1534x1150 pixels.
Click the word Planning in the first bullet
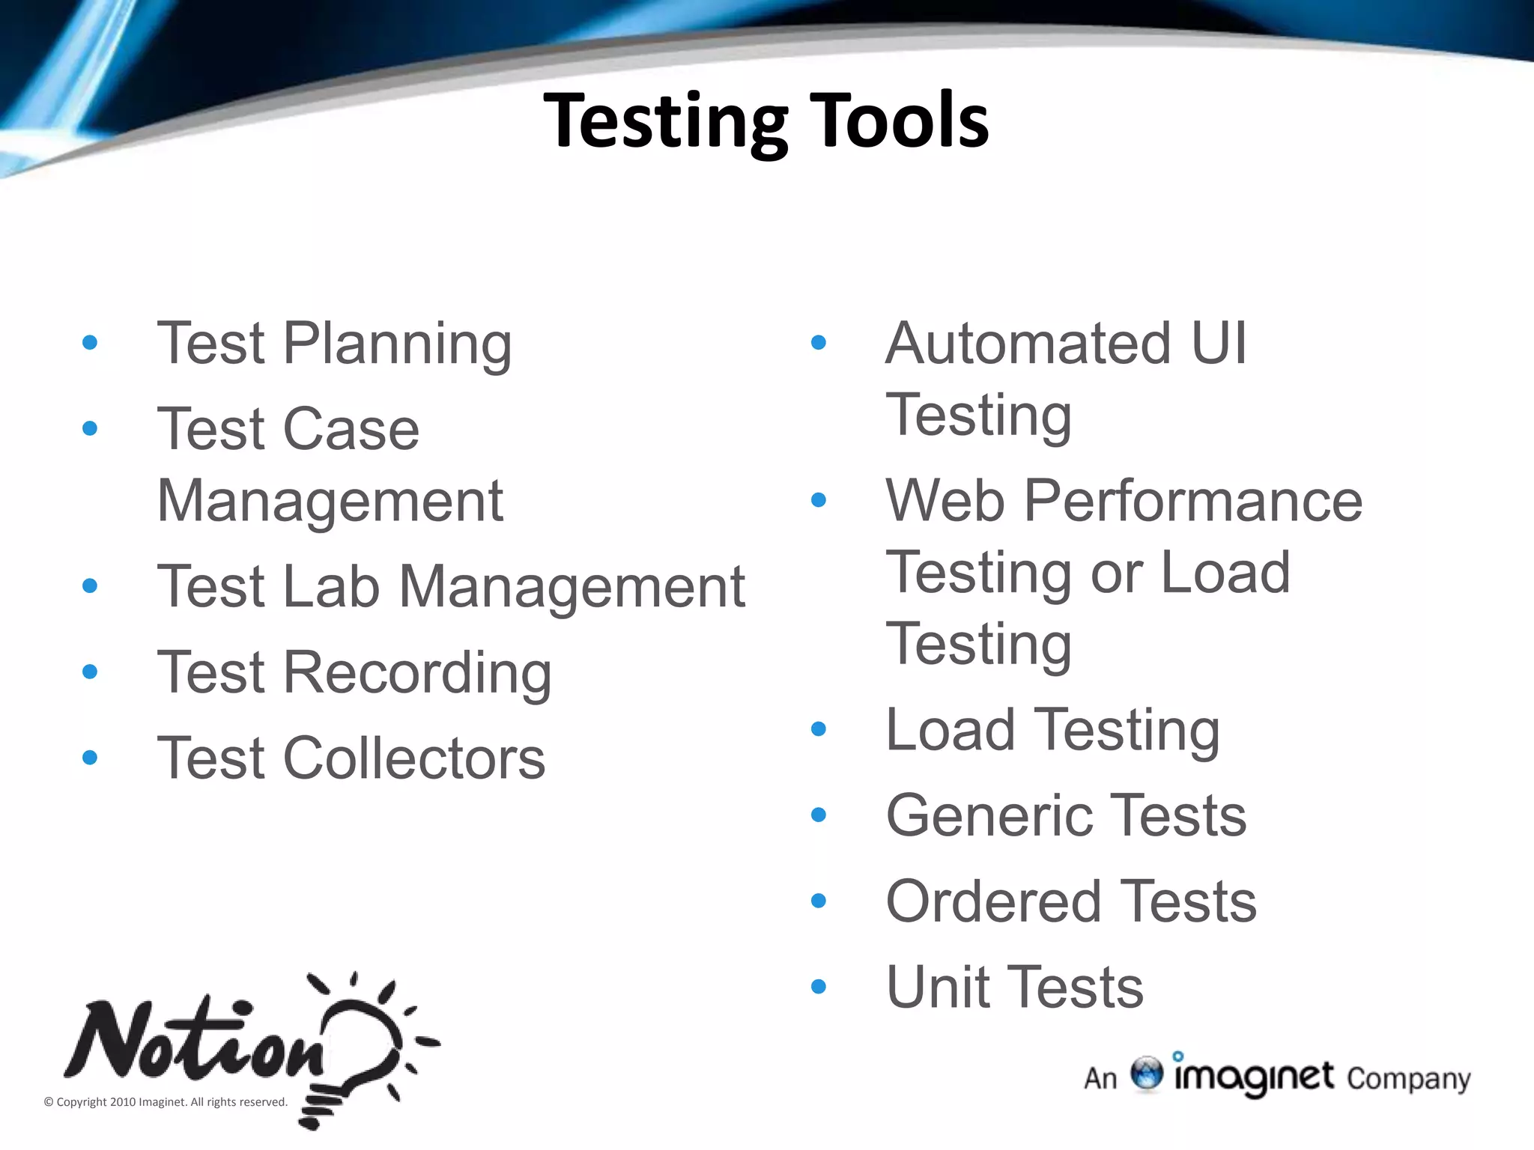(398, 344)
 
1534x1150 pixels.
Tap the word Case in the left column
(351, 430)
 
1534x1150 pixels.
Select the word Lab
(332, 587)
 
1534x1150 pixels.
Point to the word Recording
(418, 673)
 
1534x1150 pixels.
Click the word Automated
(1028, 344)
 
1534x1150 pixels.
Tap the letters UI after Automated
(1219, 344)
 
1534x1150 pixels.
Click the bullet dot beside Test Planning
(90, 343)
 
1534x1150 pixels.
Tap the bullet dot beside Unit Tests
(819, 987)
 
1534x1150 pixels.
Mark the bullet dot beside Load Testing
(819, 728)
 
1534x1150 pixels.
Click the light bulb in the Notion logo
(360, 1048)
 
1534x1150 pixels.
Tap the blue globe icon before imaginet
(1146, 1074)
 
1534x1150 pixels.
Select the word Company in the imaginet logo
(1408, 1080)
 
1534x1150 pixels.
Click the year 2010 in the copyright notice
(123, 1102)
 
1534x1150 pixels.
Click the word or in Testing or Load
(1116, 574)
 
